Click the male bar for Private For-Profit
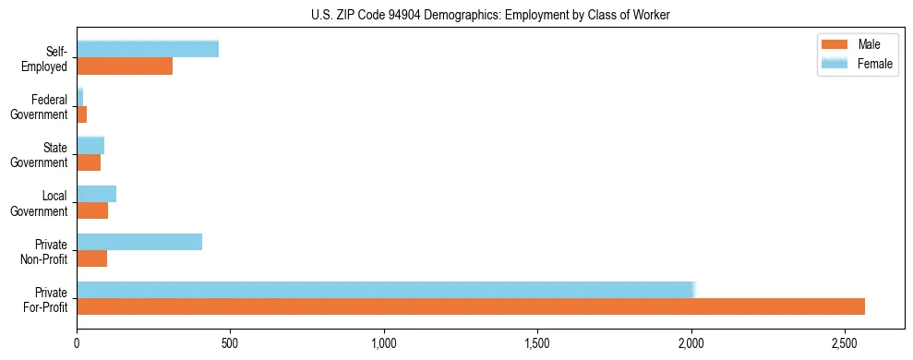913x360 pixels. coord(471,306)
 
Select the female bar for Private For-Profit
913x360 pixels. coord(385,290)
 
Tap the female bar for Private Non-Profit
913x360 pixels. coord(139,242)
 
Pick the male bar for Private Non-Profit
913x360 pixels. coord(92,258)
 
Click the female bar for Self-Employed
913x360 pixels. coord(148,49)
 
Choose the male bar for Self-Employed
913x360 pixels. coord(125,66)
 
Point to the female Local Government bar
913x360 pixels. coord(97,194)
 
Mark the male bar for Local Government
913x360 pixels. coord(92,210)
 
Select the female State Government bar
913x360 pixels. coord(90,146)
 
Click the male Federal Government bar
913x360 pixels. coord(82,114)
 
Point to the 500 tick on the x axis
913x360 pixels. coord(230,343)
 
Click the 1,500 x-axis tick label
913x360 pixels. coord(537,343)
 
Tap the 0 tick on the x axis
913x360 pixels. coord(77,343)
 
